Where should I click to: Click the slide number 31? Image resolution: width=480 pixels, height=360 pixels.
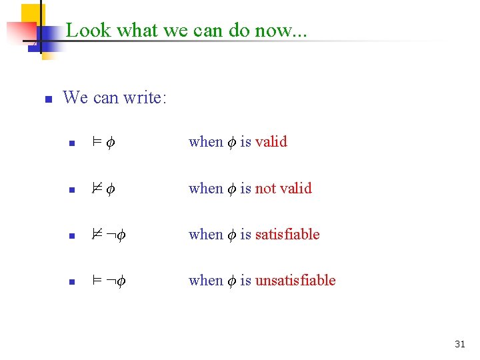[x=459, y=344]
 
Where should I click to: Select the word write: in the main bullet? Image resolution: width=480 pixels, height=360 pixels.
[x=144, y=98]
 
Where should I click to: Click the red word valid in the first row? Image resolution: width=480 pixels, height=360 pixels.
[x=271, y=141]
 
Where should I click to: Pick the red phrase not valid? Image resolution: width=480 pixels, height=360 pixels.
[x=283, y=188]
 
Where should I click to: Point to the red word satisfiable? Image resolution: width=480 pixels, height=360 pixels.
[x=287, y=234]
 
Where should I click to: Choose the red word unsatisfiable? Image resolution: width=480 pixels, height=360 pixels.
[x=295, y=280]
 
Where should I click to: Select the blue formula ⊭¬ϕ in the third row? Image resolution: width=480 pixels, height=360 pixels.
[x=109, y=235]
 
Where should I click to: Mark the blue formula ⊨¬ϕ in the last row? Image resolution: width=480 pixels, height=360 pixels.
[x=109, y=281]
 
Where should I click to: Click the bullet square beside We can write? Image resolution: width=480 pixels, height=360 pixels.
[x=48, y=99]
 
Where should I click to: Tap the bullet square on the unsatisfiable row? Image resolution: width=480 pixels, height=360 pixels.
[x=73, y=282]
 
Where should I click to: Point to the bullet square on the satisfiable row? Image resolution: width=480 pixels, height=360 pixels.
[x=73, y=236]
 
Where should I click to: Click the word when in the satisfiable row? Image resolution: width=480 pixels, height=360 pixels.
[x=205, y=234]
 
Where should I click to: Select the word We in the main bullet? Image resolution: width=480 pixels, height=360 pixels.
[x=75, y=98]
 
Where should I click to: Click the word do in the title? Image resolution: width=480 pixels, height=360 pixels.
[x=244, y=30]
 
